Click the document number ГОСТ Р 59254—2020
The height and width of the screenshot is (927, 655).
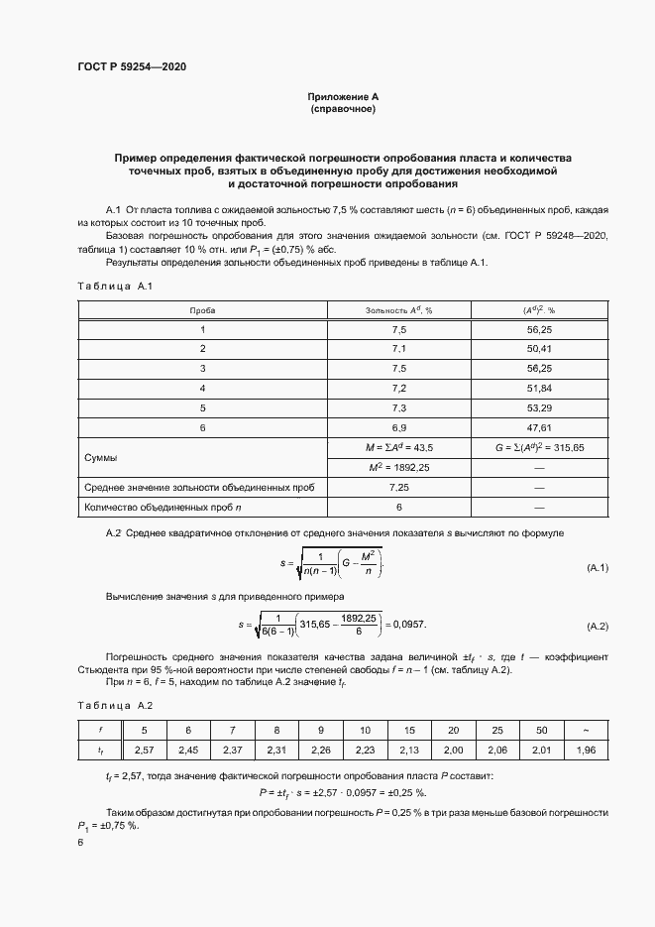(x=132, y=66)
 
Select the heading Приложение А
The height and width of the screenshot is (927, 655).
(x=343, y=96)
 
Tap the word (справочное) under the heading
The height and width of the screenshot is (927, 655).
(x=343, y=109)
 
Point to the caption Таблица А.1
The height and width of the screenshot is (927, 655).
(x=112, y=287)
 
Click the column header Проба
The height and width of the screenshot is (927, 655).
(x=203, y=310)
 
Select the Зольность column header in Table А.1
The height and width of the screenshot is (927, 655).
(x=399, y=310)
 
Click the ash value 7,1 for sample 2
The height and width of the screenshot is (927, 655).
(x=399, y=348)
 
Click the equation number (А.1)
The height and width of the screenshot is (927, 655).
(x=598, y=567)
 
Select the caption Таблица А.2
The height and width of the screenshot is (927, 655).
(x=112, y=705)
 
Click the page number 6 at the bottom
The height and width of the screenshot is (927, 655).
(x=80, y=841)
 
